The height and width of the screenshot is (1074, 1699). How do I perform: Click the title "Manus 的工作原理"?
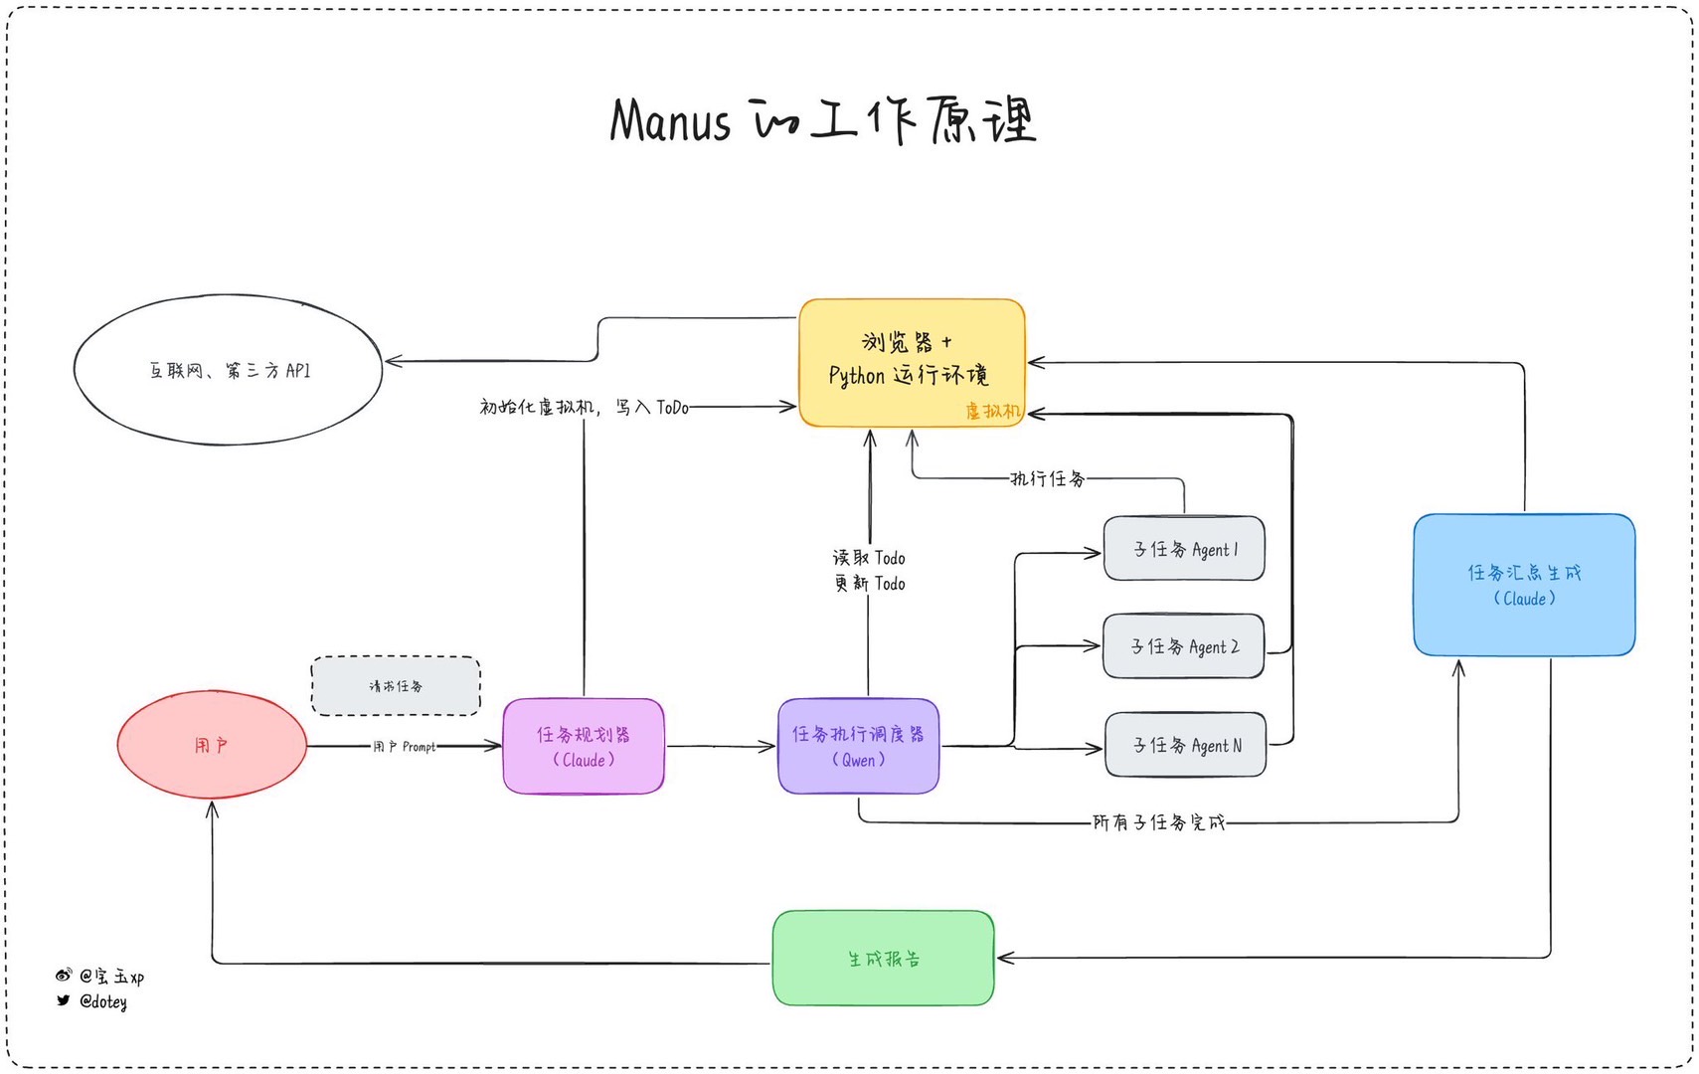point(823,120)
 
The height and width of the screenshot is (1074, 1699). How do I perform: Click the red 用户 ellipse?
point(212,745)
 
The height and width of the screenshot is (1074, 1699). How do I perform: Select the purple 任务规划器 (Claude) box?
point(584,747)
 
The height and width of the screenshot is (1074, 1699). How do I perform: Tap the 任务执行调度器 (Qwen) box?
point(858,747)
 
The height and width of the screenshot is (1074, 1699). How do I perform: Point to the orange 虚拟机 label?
point(992,411)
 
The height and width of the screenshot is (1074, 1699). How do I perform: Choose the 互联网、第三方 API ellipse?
point(229,370)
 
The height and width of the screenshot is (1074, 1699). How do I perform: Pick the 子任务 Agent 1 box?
point(1184,549)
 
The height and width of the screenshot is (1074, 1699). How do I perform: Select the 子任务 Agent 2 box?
point(1184,646)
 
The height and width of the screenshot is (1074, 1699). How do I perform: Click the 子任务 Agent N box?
point(1186,745)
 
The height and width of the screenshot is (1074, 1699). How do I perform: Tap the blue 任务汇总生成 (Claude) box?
point(1524,585)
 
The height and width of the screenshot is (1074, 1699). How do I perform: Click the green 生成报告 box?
point(883,959)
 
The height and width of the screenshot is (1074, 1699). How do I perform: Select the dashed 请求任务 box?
point(396,686)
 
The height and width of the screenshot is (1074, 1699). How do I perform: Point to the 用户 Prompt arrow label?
point(404,746)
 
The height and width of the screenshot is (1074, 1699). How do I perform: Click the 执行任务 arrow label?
point(1047,478)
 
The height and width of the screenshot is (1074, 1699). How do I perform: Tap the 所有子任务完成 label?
point(1158,822)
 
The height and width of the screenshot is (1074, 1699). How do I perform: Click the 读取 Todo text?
point(869,558)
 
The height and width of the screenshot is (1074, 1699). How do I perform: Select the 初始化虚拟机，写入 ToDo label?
point(584,407)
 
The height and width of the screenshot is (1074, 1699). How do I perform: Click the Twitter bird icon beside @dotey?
point(64,1000)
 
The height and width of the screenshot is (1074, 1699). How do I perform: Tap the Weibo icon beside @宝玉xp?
point(64,976)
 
